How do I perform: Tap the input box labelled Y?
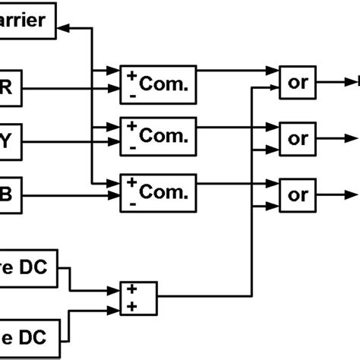click(11, 141)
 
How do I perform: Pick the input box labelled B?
click(11, 195)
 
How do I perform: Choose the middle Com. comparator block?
click(158, 136)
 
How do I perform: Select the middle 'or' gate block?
click(298, 138)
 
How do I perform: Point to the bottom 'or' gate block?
click(298, 194)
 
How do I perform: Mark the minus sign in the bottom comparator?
click(134, 204)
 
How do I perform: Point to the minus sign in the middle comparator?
click(134, 148)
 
